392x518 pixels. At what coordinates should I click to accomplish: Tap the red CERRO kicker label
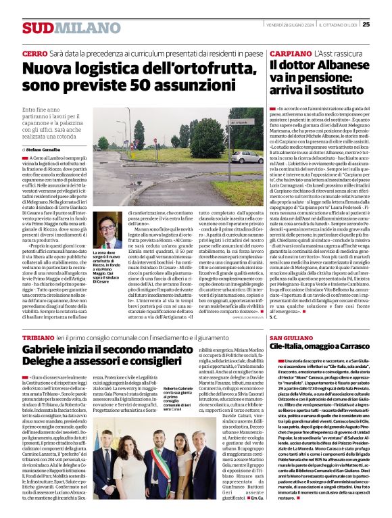click(x=34, y=53)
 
